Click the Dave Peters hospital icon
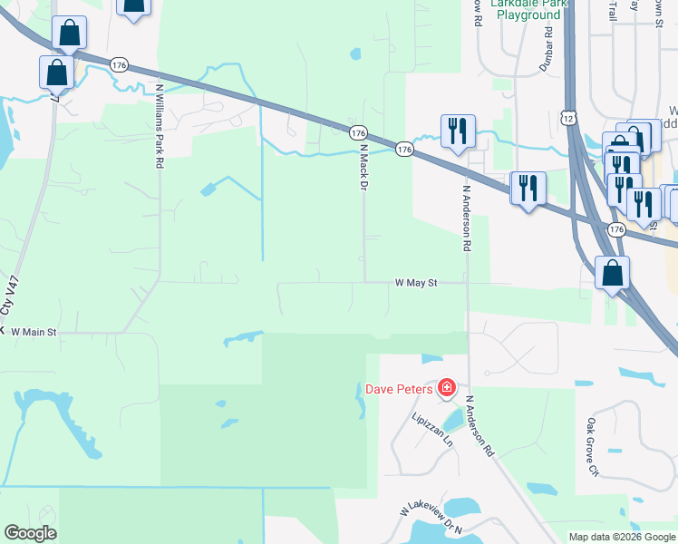446,389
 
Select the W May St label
416,283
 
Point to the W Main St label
34,333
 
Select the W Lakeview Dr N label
431,519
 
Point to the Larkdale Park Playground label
527,10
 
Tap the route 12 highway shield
568,118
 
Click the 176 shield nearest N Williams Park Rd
120,64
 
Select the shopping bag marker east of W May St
613,272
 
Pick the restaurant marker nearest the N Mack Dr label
457,131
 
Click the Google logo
30,533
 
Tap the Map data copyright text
622,537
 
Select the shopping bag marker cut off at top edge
133,7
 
